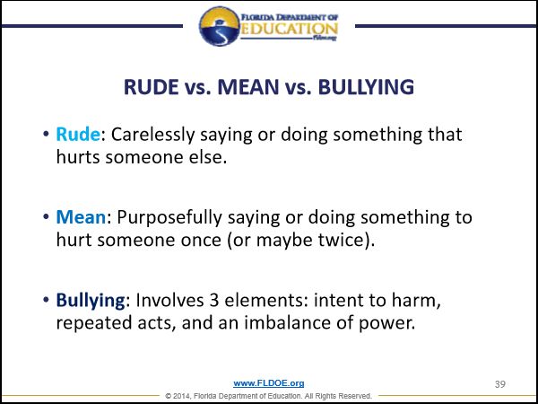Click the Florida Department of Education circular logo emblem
point(219,26)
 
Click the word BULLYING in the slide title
point(366,87)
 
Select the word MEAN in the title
point(248,87)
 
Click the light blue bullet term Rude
point(78,134)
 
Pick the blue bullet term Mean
point(81,217)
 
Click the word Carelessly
point(152,136)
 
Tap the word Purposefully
point(169,218)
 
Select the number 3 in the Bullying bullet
point(213,300)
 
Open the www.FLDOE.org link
point(269,383)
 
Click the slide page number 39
point(500,384)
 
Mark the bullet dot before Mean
point(47,217)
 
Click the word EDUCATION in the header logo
point(289,29)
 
